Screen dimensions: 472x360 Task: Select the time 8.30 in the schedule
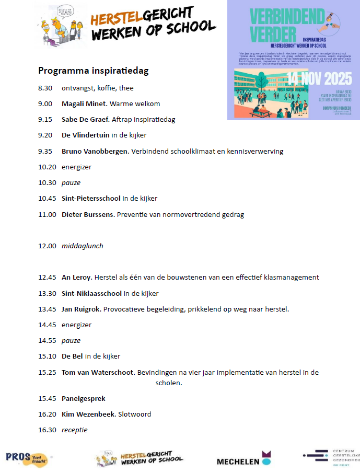pos(45,88)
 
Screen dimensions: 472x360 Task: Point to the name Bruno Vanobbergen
pos(95,152)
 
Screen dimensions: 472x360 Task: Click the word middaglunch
pos(83,246)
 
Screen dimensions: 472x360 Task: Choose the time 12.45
pos(47,278)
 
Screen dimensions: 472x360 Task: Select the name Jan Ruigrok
pos(81,309)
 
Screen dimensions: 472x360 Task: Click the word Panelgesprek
pos(84,399)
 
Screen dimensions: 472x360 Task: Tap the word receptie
pos(75,430)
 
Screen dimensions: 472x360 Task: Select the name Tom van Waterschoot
pos(98,373)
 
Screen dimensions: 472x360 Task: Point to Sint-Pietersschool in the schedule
pos(91,199)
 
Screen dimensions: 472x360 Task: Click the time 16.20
pos(47,415)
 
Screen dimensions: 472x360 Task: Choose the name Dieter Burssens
pos(88,215)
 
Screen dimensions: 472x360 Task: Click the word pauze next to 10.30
pos(71,183)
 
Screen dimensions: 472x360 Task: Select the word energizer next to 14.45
pos(76,325)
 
